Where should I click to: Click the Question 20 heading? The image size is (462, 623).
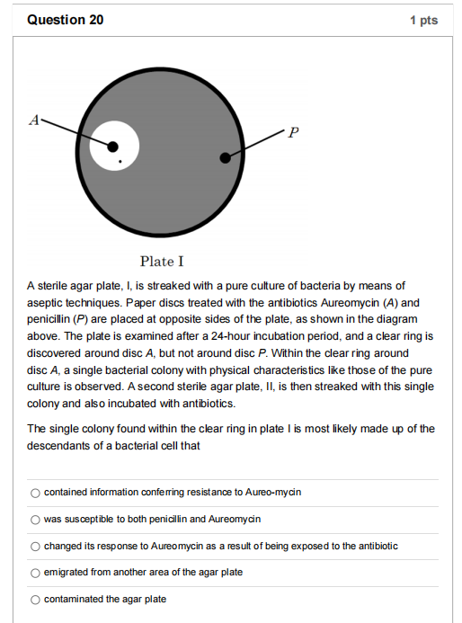click(66, 20)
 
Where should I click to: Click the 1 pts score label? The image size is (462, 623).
click(422, 20)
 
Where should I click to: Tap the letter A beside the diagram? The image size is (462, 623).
click(35, 118)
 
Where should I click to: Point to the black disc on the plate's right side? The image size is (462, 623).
click(225, 158)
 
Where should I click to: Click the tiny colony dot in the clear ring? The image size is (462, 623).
click(120, 161)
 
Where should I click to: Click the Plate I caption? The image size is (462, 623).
click(162, 262)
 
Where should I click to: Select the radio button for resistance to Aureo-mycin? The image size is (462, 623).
click(35, 493)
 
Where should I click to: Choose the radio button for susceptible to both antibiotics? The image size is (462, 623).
click(35, 520)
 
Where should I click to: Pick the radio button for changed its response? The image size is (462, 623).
click(35, 546)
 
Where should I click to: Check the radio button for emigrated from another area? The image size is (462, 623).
click(35, 573)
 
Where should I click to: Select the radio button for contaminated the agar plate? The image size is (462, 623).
click(35, 600)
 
